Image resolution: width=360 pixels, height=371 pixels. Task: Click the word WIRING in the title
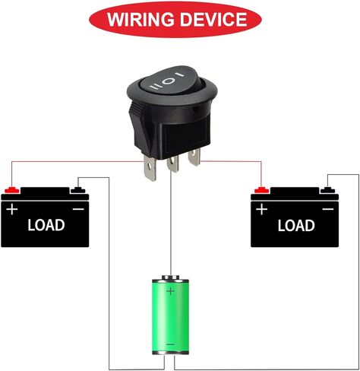pyautogui.click(x=141, y=19)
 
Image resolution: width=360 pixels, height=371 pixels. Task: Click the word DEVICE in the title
pyautogui.click(x=213, y=19)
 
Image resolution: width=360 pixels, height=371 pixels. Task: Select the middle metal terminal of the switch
pyautogui.click(x=172, y=164)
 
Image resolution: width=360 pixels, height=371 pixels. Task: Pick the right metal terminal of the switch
pyautogui.click(x=194, y=157)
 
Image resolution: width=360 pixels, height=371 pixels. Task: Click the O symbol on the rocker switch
pyautogui.click(x=168, y=81)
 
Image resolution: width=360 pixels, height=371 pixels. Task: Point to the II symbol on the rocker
pyautogui.click(x=154, y=87)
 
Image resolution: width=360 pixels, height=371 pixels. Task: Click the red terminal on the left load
pyautogui.click(x=12, y=190)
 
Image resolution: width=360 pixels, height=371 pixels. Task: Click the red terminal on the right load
pyautogui.click(x=262, y=190)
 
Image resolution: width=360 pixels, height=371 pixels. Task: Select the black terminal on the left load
pyautogui.click(x=78, y=190)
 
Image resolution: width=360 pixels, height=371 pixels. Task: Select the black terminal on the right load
pyautogui.click(x=327, y=190)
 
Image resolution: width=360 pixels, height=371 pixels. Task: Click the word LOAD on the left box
pyautogui.click(x=46, y=225)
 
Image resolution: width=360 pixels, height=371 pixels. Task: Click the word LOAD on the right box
pyautogui.click(x=296, y=225)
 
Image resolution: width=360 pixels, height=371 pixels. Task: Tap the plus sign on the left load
pyautogui.click(x=12, y=210)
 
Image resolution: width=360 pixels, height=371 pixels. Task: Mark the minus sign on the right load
pyautogui.click(x=328, y=209)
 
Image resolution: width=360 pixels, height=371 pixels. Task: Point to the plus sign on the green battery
pyautogui.click(x=171, y=291)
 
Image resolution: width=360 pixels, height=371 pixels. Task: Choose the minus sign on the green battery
pyautogui.click(x=170, y=344)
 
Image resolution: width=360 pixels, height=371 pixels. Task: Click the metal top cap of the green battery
pyautogui.click(x=170, y=277)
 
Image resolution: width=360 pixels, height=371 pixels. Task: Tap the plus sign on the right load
pyautogui.click(x=262, y=210)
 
